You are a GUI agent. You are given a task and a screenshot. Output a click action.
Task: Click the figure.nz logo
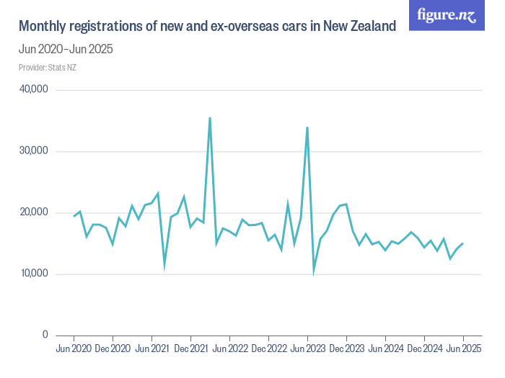point(447,15)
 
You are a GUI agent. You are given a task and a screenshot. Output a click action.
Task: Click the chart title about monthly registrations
point(207,27)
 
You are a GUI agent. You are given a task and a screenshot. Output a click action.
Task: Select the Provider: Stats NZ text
point(48,68)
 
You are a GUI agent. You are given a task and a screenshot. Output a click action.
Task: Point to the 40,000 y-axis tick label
point(32,90)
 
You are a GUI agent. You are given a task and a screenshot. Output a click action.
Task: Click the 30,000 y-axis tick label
point(32,151)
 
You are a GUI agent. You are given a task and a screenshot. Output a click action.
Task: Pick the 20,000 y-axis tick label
point(32,212)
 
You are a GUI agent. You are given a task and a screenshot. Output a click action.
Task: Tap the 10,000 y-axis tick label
point(32,274)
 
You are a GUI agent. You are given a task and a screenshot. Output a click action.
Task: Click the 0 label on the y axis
point(44,335)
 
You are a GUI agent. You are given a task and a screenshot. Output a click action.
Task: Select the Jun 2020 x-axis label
point(74,349)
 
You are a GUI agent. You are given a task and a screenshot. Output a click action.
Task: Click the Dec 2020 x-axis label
point(113,349)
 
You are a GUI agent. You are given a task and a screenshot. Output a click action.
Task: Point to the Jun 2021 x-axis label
point(151,349)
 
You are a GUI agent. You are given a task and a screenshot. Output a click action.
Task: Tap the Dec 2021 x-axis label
point(190,349)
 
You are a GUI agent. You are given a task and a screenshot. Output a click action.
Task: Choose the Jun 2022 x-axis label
point(229,349)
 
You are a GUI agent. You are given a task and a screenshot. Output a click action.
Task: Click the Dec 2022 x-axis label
point(268,349)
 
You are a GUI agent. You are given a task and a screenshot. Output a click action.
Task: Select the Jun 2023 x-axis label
point(307,349)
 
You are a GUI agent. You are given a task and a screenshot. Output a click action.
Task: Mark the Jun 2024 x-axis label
point(385,349)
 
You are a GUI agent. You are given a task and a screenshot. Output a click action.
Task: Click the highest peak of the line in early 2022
point(210,118)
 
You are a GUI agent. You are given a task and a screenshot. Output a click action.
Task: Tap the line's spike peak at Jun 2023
point(307,127)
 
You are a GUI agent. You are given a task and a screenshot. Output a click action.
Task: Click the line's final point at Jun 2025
point(462,243)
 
